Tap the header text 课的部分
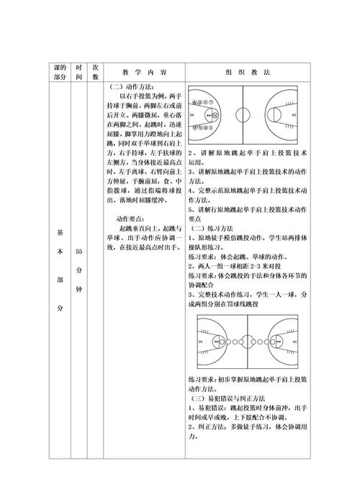coord(60,72)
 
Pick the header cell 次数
coord(95,72)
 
